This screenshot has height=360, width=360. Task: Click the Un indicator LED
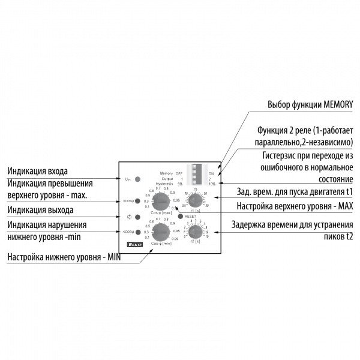(x=137, y=179)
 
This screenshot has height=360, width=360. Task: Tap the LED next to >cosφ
(x=137, y=201)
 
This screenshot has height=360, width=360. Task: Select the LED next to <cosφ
(x=137, y=232)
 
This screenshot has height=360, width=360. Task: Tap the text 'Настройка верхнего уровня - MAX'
(x=288, y=206)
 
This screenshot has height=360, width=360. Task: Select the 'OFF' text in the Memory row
(x=179, y=172)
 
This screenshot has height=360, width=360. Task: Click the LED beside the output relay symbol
(x=137, y=217)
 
